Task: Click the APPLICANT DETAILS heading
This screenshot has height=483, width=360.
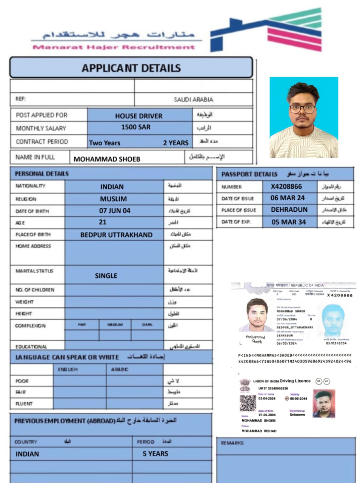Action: tap(131, 68)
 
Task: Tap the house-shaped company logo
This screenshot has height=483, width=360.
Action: tap(266, 30)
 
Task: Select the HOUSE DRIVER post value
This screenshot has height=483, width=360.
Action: tap(138, 116)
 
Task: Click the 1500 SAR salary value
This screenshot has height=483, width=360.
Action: tap(135, 127)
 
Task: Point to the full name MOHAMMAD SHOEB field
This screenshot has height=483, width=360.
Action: tap(107, 159)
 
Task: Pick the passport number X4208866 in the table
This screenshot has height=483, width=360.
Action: tap(286, 186)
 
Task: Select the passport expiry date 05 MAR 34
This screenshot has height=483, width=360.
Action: tap(288, 222)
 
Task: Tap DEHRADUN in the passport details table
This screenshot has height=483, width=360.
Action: tap(289, 209)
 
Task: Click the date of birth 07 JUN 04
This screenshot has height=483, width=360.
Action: tap(115, 211)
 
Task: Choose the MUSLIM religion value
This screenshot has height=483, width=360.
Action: tap(113, 199)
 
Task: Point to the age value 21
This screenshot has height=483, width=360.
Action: tap(103, 222)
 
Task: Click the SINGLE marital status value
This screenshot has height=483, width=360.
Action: tap(106, 275)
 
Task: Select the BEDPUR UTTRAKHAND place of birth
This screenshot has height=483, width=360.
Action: tap(116, 235)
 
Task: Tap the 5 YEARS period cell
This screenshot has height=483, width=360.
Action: tap(155, 454)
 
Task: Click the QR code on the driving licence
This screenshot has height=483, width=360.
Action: tap(248, 403)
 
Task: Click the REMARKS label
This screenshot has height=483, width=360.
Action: tap(232, 443)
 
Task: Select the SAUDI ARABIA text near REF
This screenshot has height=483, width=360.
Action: tap(193, 99)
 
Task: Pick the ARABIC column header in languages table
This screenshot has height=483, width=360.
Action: tap(119, 369)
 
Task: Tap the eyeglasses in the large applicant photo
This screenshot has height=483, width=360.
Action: tap(302, 109)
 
